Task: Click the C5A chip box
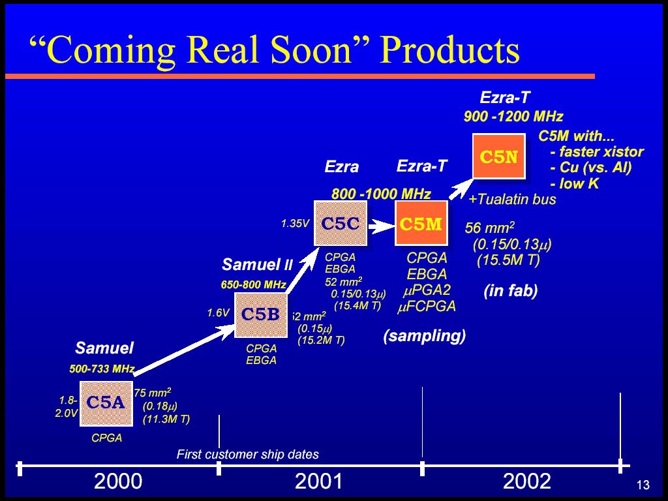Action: click(106, 403)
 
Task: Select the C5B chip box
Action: click(261, 315)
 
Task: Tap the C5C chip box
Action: click(341, 223)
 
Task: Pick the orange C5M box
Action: click(421, 223)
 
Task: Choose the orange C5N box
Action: click(499, 157)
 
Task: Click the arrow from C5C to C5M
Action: click(381, 226)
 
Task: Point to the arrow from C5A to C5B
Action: click(184, 350)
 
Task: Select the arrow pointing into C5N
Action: click(461, 189)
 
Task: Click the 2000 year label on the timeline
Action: click(118, 481)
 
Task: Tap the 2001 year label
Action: click(318, 481)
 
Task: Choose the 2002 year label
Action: click(527, 481)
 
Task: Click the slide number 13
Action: click(643, 485)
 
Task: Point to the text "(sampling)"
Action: click(424, 336)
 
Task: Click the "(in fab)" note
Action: click(511, 290)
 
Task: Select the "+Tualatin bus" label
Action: click(512, 200)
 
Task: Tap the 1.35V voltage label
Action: click(295, 224)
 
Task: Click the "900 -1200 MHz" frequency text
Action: click(513, 116)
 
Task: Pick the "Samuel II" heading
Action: click(257, 265)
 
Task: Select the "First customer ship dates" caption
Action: click(247, 455)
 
